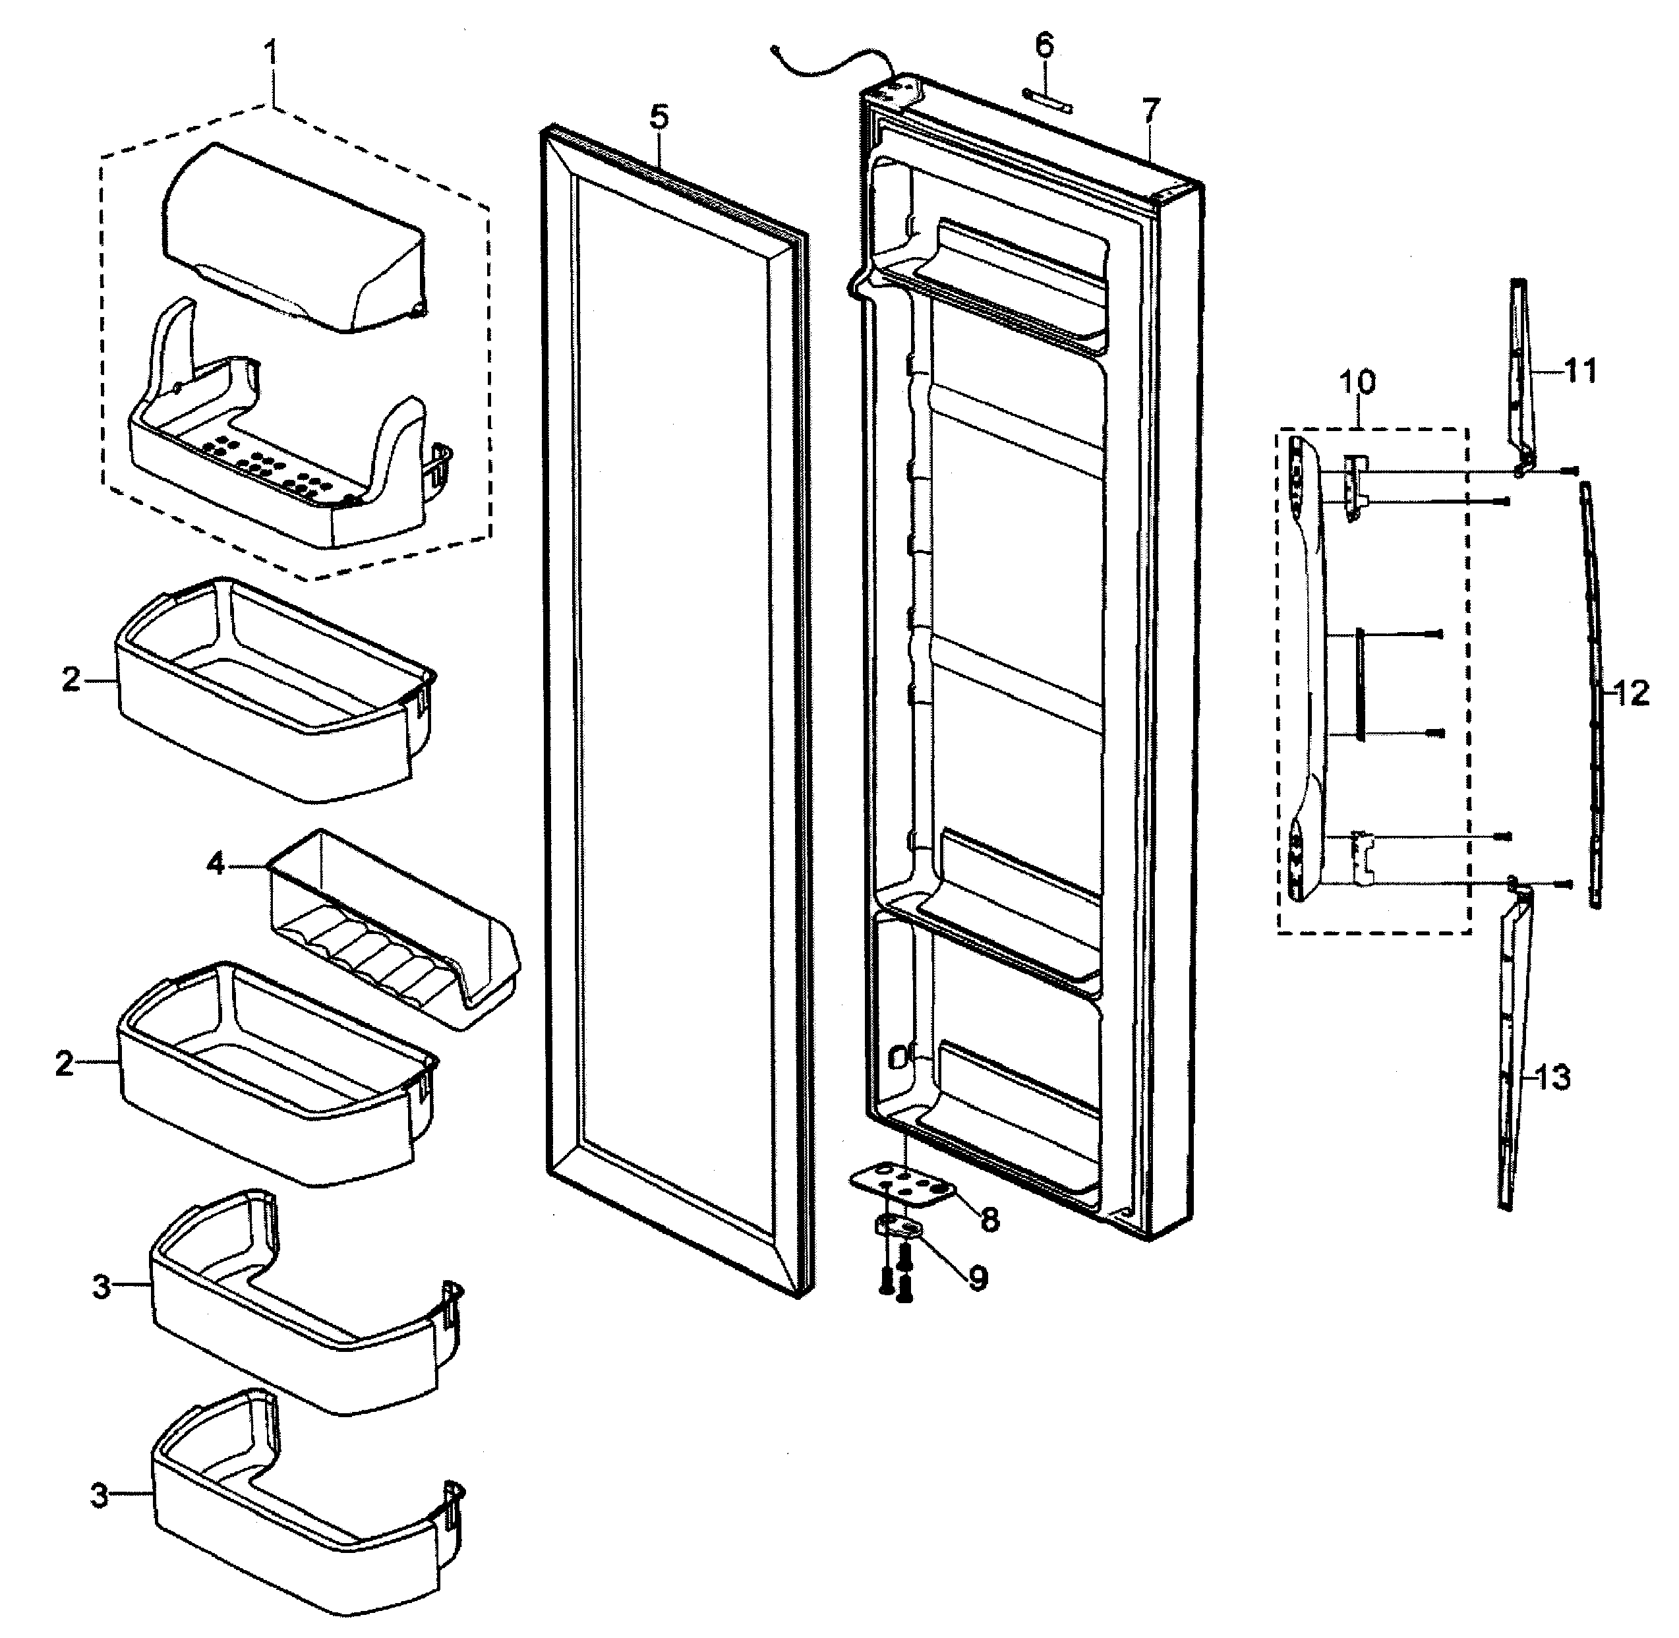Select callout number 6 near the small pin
click(1044, 45)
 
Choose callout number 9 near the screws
click(978, 1278)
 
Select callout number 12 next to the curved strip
click(1631, 693)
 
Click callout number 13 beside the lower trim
click(1553, 1077)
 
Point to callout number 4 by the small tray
click(216, 863)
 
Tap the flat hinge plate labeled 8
click(905, 1185)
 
